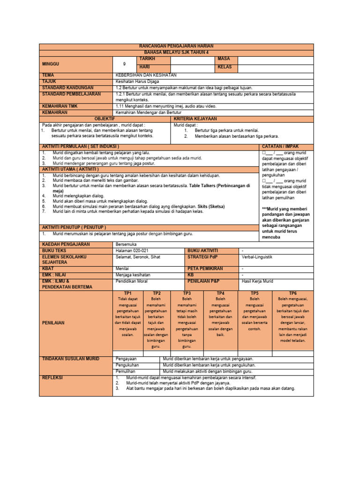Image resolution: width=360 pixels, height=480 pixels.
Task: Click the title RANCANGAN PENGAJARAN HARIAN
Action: tap(176, 46)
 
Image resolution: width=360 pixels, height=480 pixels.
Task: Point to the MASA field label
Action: tap(224, 59)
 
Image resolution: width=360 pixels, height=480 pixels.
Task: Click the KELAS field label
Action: tap(225, 67)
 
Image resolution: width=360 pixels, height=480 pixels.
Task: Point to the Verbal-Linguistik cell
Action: tap(257, 257)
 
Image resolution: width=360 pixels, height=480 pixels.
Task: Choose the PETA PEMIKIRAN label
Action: tap(205, 269)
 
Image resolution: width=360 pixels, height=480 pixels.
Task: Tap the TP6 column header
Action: tap(293, 293)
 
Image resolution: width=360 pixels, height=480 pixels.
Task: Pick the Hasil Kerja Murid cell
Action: tap(257, 281)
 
